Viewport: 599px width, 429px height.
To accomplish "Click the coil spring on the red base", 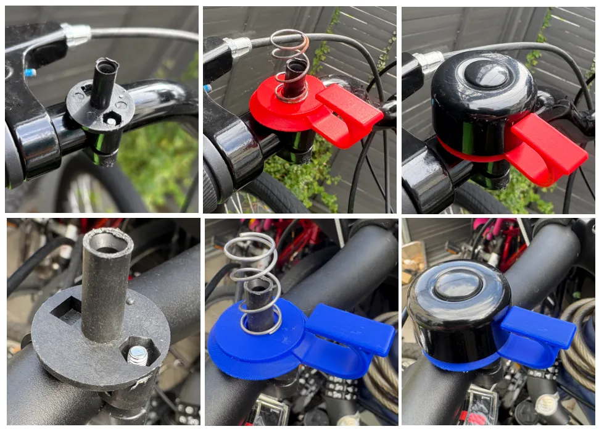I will coord(290,62).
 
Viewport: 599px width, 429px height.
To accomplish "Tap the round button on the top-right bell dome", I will coord(487,73).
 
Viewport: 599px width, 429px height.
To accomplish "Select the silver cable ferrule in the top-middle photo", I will coord(237,46).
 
